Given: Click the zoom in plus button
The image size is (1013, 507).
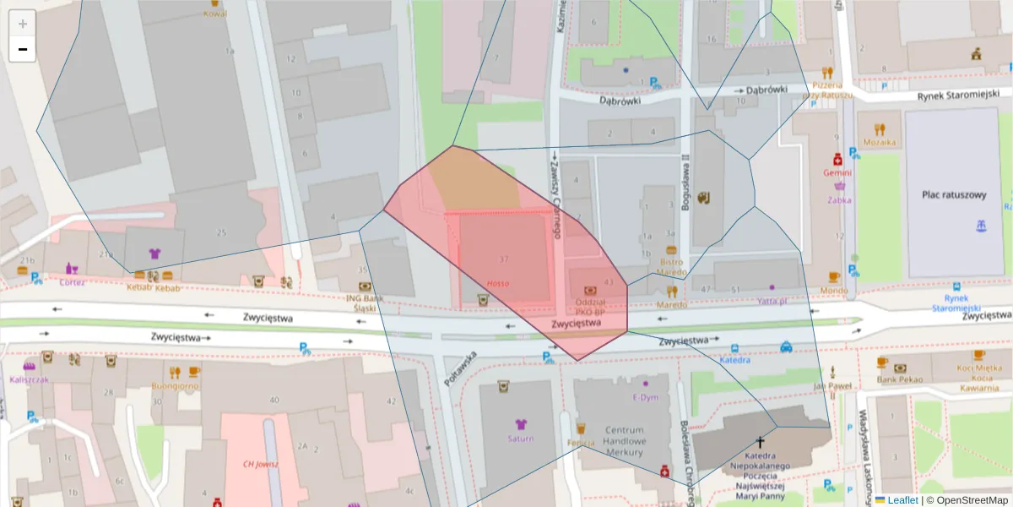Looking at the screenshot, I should (x=23, y=24).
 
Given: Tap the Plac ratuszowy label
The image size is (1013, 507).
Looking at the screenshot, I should (x=954, y=195).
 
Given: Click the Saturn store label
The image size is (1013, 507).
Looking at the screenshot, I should (x=520, y=439).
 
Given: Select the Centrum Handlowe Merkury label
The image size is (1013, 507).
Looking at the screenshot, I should (x=624, y=441).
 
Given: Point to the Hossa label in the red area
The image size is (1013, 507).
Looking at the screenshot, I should (x=498, y=283).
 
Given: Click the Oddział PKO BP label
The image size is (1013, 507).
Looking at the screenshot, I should (x=591, y=308).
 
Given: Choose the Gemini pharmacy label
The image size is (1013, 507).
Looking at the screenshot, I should (x=837, y=172).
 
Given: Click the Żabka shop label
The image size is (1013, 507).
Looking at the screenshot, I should (x=839, y=200).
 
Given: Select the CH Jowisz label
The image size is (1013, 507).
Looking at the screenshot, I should (x=260, y=464).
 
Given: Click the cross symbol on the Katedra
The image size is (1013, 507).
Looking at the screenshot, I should (x=760, y=442).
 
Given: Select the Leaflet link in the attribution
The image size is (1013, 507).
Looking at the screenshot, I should (x=902, y=500).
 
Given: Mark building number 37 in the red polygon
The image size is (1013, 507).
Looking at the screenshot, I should (x=504, y=258).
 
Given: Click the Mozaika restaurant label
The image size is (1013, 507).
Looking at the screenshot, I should (x=879, y=143).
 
